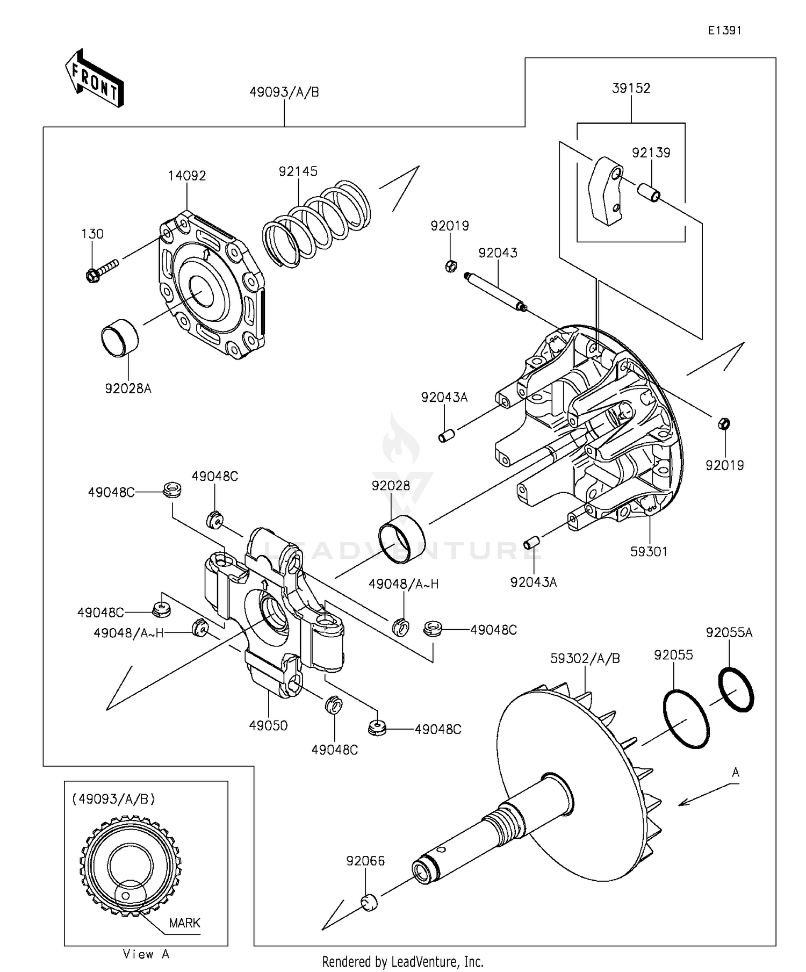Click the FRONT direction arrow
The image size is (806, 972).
pos(95,78)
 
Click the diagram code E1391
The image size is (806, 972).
pos(724,31)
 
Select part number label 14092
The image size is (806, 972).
pos(187,176)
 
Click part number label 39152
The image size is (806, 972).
pos(631,88)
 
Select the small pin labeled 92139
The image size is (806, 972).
pos(648,192)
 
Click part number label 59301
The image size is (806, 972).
pos(649,551)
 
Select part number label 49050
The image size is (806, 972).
pos(268,725)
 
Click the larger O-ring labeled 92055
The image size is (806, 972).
pos(686,719)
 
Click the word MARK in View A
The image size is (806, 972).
pos(184,923)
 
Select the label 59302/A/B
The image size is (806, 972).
pos(585,658)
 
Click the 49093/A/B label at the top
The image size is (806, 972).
pos(284,92)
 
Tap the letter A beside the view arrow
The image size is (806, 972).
pos(736,773)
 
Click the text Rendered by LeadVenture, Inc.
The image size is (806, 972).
pos(402,961)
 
